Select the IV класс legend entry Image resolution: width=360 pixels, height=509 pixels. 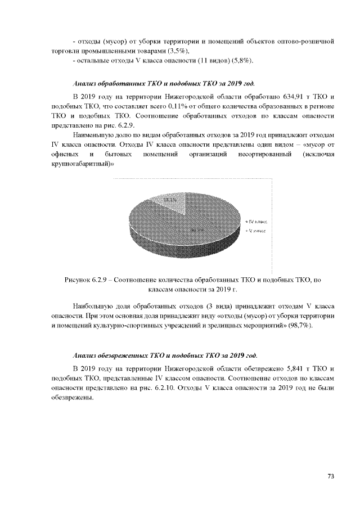click(x=257, y=223)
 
